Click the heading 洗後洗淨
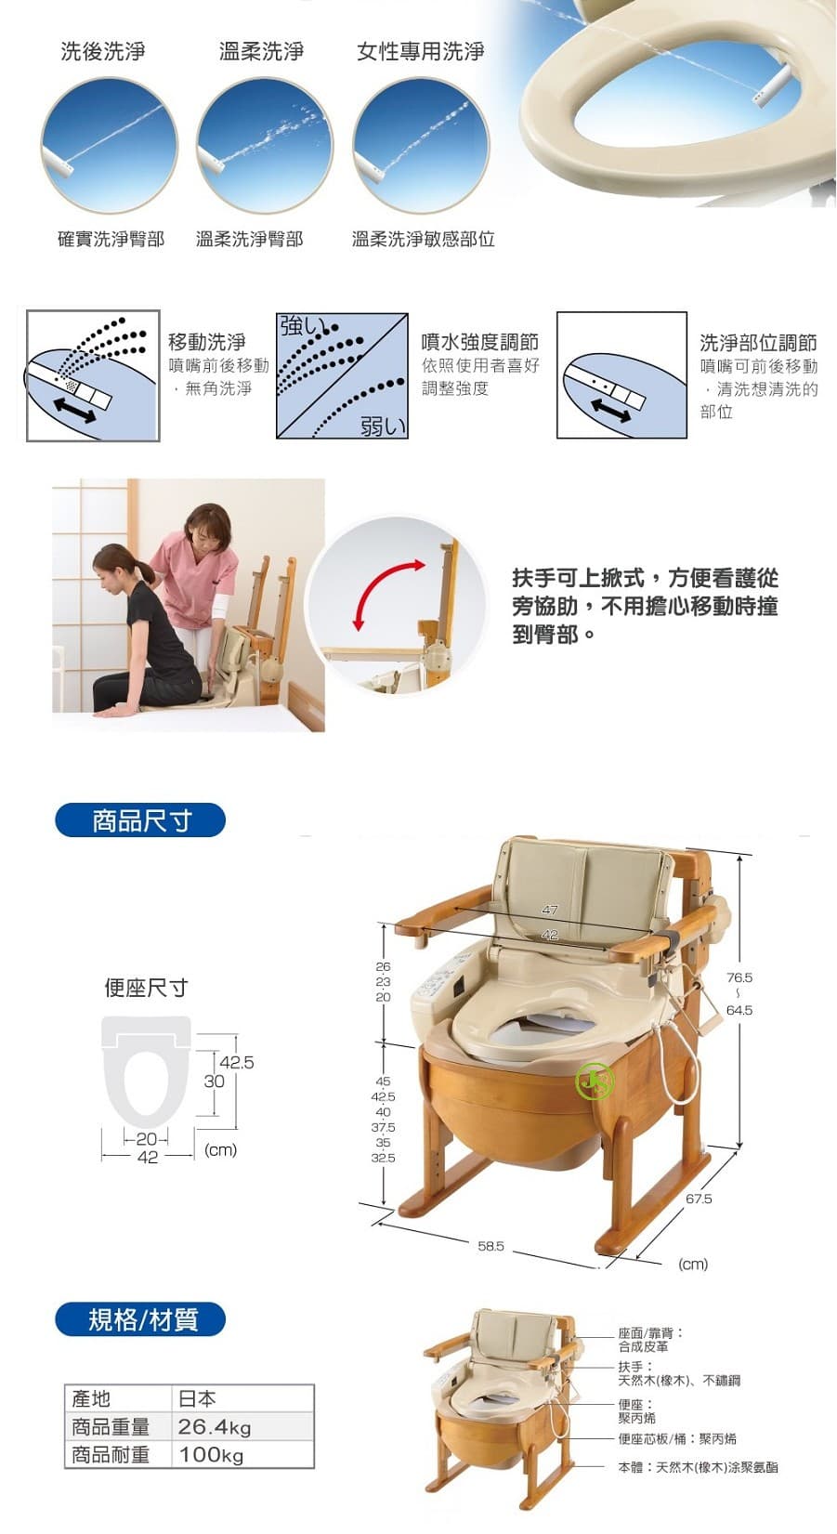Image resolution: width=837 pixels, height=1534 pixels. coord(103,51)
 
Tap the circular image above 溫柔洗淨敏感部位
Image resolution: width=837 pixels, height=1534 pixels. coord(421,145)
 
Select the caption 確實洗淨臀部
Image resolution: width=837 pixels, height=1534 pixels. coord(111,239)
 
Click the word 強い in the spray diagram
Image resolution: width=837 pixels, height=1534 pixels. coord(299,326)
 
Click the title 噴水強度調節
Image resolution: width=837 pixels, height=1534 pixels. coord(479,342)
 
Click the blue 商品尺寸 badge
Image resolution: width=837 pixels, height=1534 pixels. coord(140,820)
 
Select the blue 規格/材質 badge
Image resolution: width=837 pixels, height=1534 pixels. coord(140,1319)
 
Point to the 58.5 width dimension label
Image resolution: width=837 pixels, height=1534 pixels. coord(490,1246)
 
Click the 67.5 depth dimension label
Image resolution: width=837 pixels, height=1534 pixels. coord(699,1199)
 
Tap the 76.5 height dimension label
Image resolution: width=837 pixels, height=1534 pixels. coord(739,977)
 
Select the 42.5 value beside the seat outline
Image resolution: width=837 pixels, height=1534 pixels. coord(237,1062)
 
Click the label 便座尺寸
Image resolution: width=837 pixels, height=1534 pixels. coord(146,988)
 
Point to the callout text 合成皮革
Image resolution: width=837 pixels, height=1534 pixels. coord(643,1346)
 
